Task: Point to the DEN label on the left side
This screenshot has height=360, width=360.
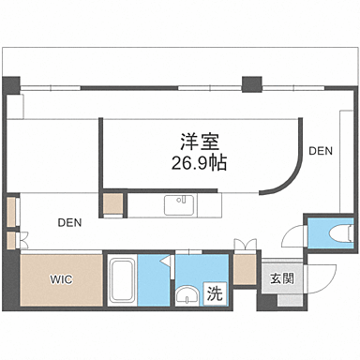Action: [68, 223]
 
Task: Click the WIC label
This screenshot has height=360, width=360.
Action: [61, 278]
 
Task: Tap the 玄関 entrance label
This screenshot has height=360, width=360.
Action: [281, 278]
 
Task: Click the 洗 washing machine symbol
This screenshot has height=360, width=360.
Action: [214, 292]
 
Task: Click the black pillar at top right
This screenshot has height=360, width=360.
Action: [251, 83]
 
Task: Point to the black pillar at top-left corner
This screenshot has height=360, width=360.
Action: [11, 85]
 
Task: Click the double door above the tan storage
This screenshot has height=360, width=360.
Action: [245, 247]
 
